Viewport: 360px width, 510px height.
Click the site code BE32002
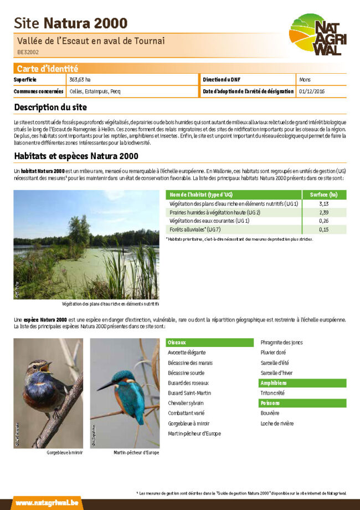pos(28,52)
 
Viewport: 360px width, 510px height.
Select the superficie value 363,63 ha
pos(80,80)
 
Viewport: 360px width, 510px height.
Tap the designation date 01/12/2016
pos(311,91)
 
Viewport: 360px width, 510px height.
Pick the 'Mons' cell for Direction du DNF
pos(305,80)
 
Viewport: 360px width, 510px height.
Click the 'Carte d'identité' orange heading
pos(47,69)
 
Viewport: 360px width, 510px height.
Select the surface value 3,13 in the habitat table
pos(324,204)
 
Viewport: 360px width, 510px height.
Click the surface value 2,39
pos(324,212)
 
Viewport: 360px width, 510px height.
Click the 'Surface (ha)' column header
pos(324,195)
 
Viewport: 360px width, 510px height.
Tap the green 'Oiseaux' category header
pos(177,343)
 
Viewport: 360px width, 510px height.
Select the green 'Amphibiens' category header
pos(274,383)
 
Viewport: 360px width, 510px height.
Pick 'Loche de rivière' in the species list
pos(277,424)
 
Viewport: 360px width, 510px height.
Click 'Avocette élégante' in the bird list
pos(187,353)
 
